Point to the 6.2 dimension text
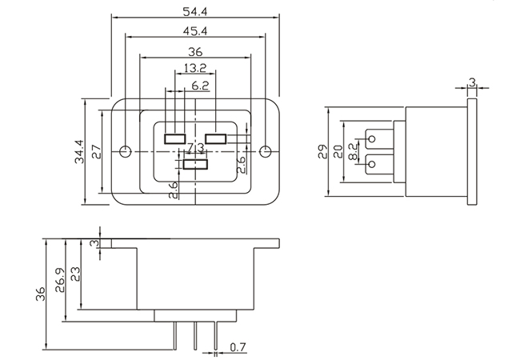200,84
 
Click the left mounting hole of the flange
125,151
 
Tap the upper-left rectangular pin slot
174,138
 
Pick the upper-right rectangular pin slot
216,138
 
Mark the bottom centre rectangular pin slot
196,165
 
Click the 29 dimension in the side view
323,151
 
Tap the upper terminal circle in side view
370,138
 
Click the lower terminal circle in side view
370,165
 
